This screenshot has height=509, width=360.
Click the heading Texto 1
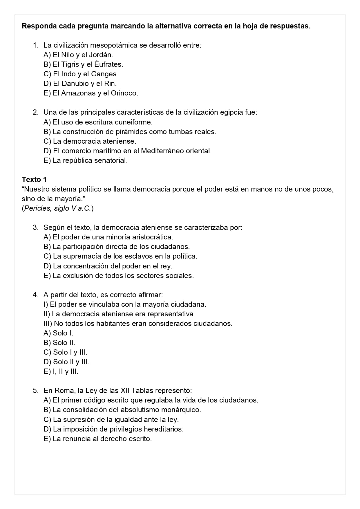click(34, 179)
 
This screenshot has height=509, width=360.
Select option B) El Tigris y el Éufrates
click(83, 64)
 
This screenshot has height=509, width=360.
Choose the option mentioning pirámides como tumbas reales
click(130, 131)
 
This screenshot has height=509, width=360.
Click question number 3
click(35, 227)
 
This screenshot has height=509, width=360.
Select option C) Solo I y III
click(65, 352)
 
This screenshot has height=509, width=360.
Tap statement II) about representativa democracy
click(119, 314)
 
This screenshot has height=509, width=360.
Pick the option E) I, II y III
click(61, 371)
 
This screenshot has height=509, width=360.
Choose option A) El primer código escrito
click(151, 400)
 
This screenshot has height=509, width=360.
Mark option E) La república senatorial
click(86, 160)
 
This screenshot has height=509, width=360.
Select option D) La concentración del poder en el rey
click(108, 266)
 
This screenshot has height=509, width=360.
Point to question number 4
click(35, 295)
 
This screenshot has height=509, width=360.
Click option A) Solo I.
click(58, 333)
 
